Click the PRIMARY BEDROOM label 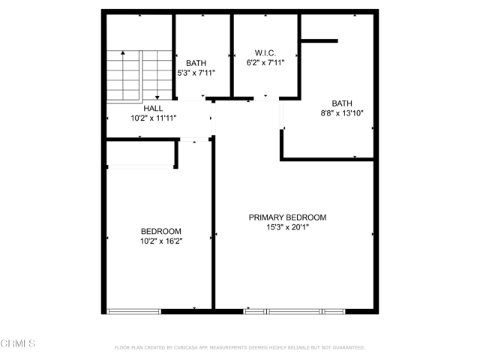coord(287,217)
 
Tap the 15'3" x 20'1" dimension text coord(288,227)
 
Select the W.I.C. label coord(265,52)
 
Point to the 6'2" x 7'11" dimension coord(265,62)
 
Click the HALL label coord(153,108)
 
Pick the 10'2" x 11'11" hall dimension coord(154,118)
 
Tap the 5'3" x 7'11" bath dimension coord(196,73)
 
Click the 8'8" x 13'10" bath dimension coord(342,113)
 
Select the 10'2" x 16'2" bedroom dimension coord(161,241)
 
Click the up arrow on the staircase coord(123,75)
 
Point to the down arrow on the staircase coord(157,75)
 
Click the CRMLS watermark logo coord(18,343)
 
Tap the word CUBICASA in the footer coord(185,347)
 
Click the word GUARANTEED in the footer coord(349,347)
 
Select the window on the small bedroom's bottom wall coord(133,312)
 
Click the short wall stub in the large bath coord(319,40)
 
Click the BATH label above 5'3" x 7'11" coord(196,63)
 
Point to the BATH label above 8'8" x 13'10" coord(342,103)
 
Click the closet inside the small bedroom coord(140,153)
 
